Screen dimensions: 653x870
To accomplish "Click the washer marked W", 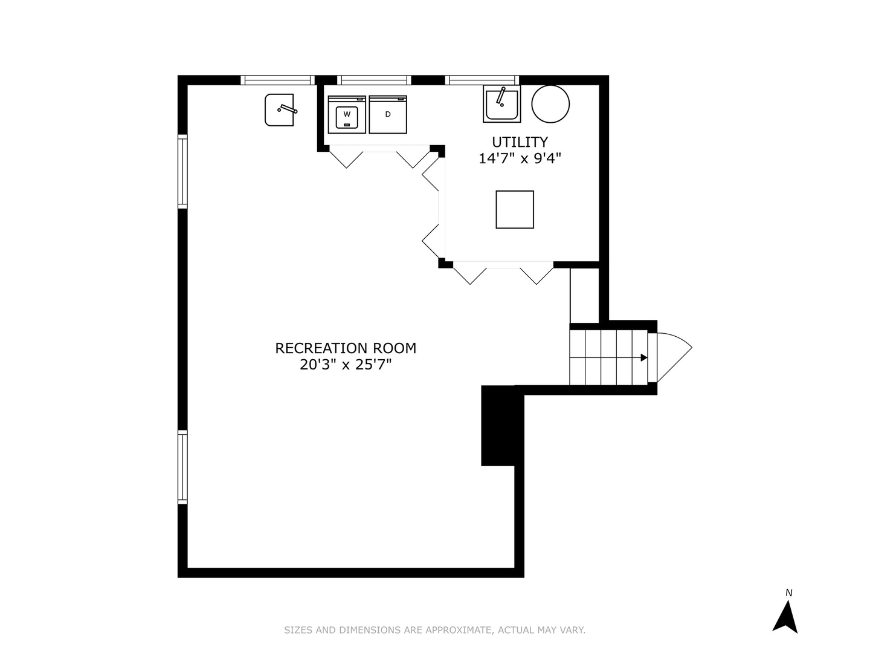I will click(347, 114).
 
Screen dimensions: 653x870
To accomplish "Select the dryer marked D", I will click(388, 114).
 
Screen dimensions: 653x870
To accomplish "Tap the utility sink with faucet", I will click(501, 104).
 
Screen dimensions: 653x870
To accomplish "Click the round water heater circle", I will click(550, 103).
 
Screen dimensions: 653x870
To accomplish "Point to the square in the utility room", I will click(515, 210).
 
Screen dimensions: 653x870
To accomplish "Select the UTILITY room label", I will click(520, 142).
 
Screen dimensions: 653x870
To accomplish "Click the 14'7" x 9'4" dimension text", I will click(520, 158).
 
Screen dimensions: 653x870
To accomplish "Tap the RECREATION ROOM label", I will click(346, 348).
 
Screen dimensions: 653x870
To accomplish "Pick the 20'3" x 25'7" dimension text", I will click(346, 365).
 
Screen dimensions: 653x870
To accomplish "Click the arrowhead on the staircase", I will click(644, 358).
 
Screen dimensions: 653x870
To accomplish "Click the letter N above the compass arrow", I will click(788, 593).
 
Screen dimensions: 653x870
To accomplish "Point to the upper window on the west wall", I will click(182, 172).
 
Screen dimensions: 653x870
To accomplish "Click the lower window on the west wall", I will click(182, 467).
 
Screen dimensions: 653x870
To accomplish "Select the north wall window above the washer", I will click(374, 80).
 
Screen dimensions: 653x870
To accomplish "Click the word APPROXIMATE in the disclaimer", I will click(459, 630).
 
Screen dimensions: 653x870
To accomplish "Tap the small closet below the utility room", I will click(585, 295).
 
